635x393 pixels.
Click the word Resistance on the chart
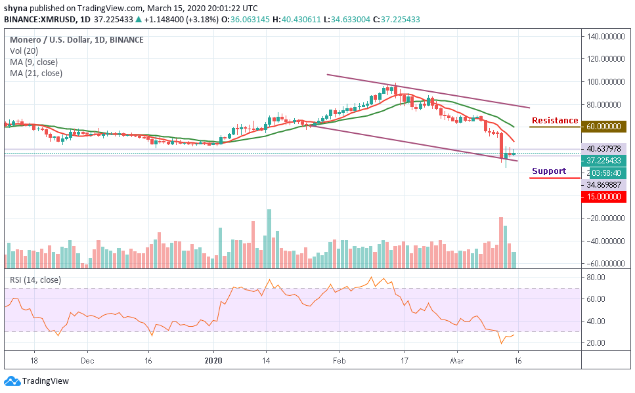point(555,121)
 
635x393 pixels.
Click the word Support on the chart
point(549,171)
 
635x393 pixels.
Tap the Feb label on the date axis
point(339,360)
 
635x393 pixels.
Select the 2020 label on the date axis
point(213,360)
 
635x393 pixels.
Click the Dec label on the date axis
point(87,360)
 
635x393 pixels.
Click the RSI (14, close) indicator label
point(35,280)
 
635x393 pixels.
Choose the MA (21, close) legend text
point(36,73)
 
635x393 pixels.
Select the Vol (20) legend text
point(24,51)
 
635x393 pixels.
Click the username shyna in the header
point(16,8)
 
